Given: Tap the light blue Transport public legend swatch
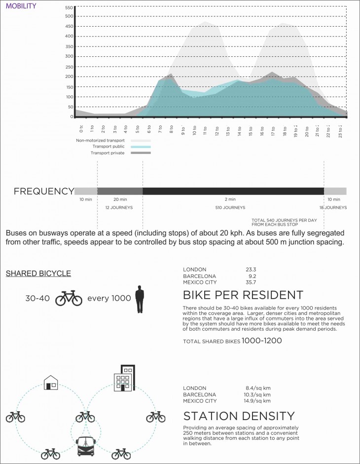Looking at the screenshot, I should pos(141,147).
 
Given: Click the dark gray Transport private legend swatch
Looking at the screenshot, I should pos(141,153).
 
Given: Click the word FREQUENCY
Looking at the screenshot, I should pos(43,192).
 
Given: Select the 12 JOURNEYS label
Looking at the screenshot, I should pos(119,208).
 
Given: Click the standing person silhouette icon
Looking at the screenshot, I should pos(140,299).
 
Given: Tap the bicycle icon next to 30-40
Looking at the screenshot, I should pos(69,298).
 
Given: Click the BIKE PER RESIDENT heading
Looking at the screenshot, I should pos(243,296).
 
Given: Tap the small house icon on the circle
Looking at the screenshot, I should pos(51,382).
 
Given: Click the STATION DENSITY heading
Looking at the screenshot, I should pos(239,416).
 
